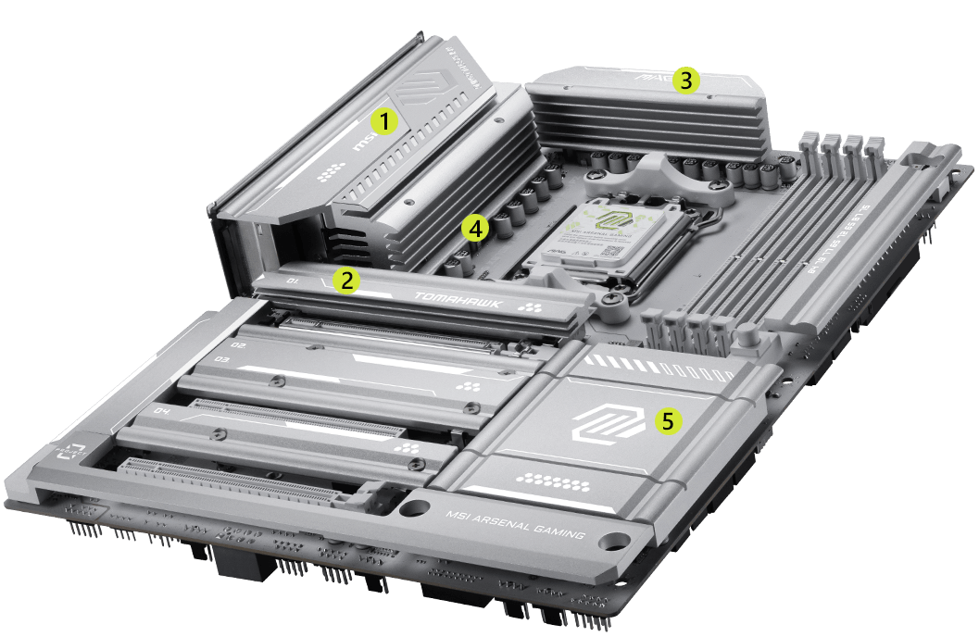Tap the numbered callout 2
point(346,281)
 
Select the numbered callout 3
point(684,80)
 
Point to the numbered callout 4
point(475,228)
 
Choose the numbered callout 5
point(669,421)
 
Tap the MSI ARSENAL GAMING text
point(516,526)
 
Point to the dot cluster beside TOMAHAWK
point(530,306)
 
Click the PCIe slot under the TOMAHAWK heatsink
point(389,331)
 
